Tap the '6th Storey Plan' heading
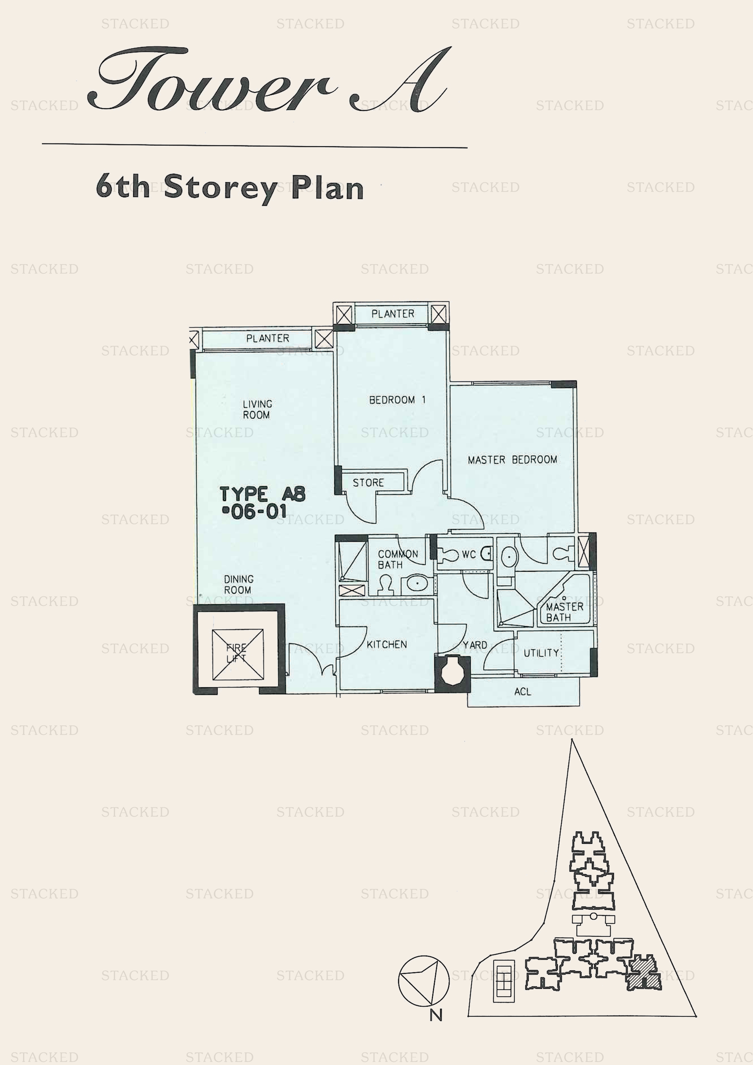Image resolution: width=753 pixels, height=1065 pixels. coord(230,188)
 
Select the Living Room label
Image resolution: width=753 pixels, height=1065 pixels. coord(257,410)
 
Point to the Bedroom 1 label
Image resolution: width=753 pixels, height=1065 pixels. coord(397,400)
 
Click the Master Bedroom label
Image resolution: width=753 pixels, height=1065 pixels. coord(512,460)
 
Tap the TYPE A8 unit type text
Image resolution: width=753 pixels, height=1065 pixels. coord(263,494)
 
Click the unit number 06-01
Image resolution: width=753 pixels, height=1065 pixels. coord(255,512)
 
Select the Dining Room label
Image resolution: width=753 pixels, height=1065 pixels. coord(238,584)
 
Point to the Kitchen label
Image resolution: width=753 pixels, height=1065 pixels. coord(387,644)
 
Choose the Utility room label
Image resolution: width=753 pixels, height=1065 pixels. coord(541,653)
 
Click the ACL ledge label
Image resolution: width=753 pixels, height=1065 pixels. coord(523,692)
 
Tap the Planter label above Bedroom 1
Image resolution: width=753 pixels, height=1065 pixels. coord(393,314)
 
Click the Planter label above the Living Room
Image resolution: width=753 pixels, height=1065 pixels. coord(268,339)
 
